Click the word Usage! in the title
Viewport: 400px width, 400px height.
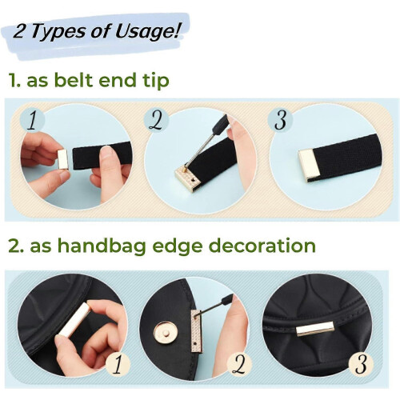tap(147, 32)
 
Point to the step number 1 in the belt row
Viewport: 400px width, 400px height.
tap(33, 120)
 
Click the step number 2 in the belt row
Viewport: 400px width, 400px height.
tap(156, 120)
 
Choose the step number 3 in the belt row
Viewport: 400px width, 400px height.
tap(280, 120)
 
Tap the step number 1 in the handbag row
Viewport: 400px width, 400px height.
tap(118, 364)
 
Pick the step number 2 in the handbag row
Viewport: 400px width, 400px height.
tap(238, 364)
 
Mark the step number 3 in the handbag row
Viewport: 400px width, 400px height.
tap(361, 364)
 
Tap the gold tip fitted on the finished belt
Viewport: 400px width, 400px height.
tap(306, 165)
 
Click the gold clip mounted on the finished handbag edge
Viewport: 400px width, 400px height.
tap(315, 329)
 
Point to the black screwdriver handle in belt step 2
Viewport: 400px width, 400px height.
tap(218, 124)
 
